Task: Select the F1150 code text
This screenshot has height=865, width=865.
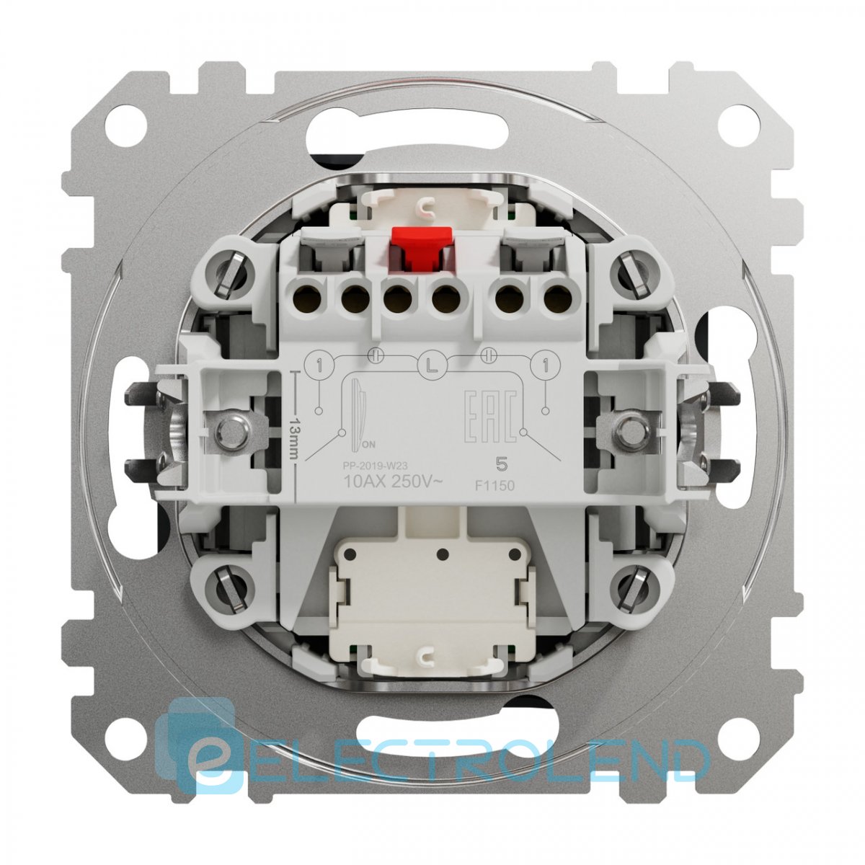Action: pyautogui.click(x=496, y=485)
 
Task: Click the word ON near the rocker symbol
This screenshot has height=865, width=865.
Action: pyautogui.click(x=369, y=445)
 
